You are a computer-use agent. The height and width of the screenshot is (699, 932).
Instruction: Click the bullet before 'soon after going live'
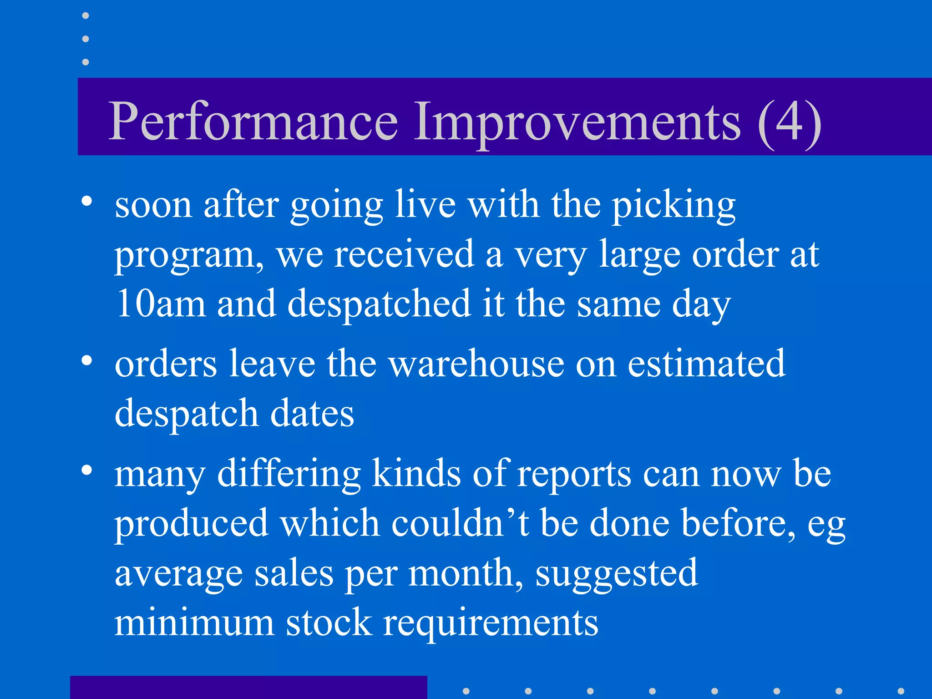point(86,201)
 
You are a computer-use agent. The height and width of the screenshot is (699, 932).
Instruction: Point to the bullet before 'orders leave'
point(86,360)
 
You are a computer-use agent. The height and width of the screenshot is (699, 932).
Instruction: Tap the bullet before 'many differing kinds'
point(86,470)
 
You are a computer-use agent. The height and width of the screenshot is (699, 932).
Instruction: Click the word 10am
point(160,304)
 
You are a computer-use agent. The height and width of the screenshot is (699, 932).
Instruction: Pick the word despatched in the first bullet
point(379,304)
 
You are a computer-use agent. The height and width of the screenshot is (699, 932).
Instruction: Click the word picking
point(673,206)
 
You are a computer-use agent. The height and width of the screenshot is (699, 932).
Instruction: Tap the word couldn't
point(460,523)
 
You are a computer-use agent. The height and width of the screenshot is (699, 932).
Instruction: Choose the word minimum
point(194,622)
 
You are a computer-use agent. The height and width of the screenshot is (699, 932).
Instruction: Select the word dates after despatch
point(312,413)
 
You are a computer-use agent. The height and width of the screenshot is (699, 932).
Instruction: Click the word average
point(178,573)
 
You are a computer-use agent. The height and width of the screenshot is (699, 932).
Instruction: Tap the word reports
point(574,475)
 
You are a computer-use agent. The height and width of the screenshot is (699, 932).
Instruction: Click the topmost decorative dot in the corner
point(86,15)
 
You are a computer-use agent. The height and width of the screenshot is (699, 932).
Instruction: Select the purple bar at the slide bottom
point(248,687)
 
